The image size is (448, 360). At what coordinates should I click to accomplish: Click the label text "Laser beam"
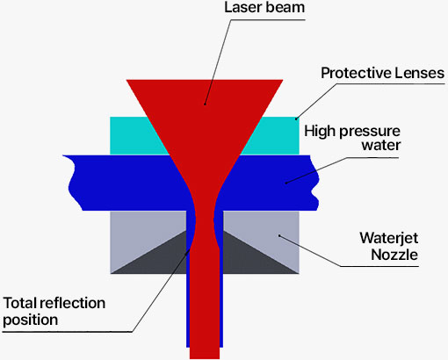(x=264, y=7)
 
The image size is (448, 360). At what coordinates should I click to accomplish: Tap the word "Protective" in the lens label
(x=356, y=73)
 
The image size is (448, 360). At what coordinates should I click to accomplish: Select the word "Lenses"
(x=419, y=73)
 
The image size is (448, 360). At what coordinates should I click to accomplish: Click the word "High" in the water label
(x=320, y=132)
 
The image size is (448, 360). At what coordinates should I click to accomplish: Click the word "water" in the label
(x=381, y=146)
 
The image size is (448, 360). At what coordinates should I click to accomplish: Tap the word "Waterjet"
(x=389, y=238)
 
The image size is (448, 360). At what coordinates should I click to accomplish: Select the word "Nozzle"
(x=394, y=255)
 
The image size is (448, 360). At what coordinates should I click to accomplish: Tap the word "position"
(x=31, y=320)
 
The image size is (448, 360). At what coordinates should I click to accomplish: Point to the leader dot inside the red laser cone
(x=205, y=104)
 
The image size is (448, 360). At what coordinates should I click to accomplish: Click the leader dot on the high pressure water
(x=286, y=184)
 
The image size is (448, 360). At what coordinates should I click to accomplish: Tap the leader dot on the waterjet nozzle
(x=279, y=235)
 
